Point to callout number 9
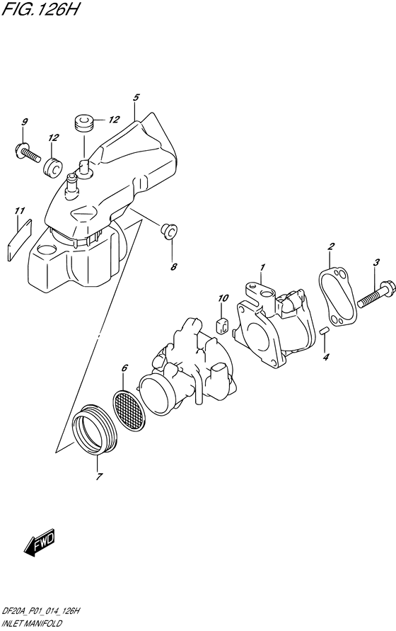click(24, 123)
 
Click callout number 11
click(20, 210)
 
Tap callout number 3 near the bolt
click(377, 263)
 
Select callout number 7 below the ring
click(97, 477)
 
